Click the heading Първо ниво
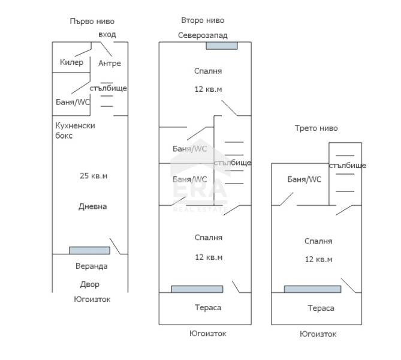coord(91,22)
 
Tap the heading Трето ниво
coord(316,128)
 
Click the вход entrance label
coord(107,34)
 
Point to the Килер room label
coord(71,62)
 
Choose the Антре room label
coord(109,63)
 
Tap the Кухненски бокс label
coord(75,130)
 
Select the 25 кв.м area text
coord(94,176)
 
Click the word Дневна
coord(92,206)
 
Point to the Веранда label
coord(92,266)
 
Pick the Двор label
coord(90,284)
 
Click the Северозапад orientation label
coord(203,35)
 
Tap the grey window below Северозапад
coord(222,46)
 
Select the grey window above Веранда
coord(89,250)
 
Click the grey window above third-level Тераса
coord(312,289)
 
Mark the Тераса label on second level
coord(208,307)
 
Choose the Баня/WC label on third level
coord(304,179)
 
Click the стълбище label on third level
coord(348,166)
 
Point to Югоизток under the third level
coord(318,334)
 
